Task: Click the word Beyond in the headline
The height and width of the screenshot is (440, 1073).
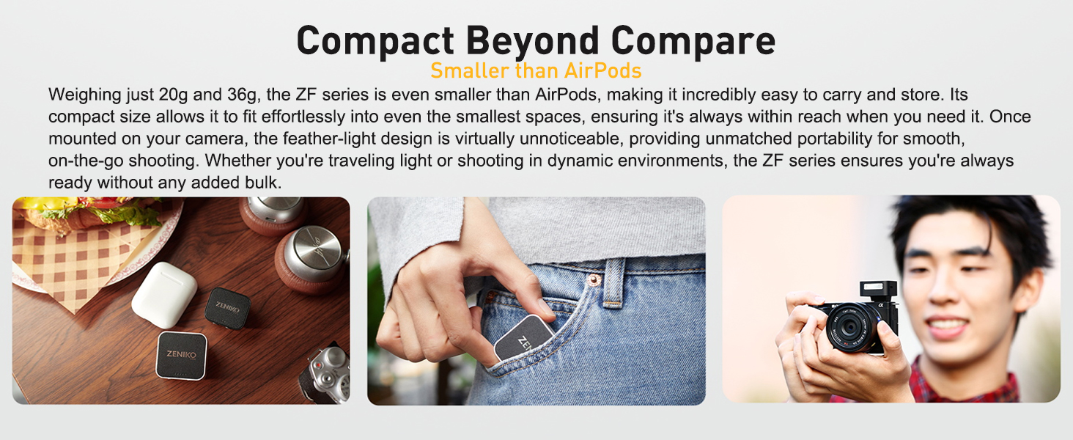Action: pos(532,42)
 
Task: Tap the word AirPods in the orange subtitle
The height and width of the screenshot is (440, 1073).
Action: pos(602,71)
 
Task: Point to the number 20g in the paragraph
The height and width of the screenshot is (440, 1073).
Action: pos(173,95)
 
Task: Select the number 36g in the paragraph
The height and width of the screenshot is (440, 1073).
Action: pos(242,95)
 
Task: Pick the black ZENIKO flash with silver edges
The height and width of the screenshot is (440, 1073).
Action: pos(182,355)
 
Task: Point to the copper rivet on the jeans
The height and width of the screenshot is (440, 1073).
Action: pos(594,279)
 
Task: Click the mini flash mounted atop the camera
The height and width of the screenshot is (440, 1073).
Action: pos(878,290)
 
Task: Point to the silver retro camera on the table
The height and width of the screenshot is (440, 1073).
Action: pos(325,373)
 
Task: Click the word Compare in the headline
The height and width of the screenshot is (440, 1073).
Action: pos(693,42)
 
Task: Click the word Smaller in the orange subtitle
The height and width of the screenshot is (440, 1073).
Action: pos(470,71)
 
